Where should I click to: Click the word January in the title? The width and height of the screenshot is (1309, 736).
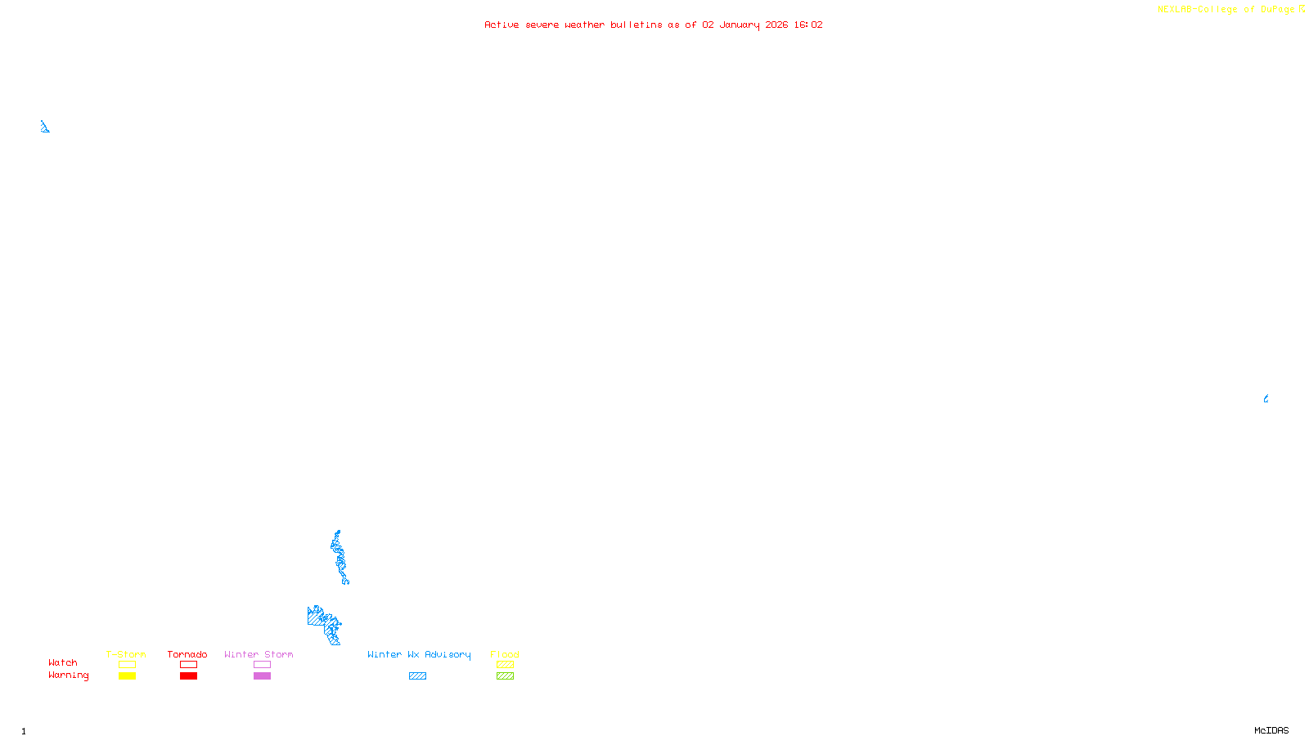(x=739, y=25)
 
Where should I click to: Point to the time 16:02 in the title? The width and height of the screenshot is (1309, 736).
(x=807, y=25)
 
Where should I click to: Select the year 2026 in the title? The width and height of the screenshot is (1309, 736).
(x=776, y=25)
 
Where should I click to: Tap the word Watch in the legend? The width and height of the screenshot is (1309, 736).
(x=62, y=662)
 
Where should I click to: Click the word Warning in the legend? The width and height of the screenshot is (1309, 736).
(x=68, y=675)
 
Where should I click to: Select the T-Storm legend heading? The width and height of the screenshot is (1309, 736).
(x=126, y=654)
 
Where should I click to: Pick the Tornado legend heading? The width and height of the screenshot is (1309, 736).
(x=187, y=654)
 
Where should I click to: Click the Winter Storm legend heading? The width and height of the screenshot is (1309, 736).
(x=259, y=654)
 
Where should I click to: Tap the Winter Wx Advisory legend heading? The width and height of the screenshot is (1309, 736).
(x=419, y=654)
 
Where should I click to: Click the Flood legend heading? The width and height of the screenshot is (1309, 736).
(x=505, y=654)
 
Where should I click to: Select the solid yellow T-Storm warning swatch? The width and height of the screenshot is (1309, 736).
(x=127, y=676)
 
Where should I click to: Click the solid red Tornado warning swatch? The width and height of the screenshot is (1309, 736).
(x=188, y=676)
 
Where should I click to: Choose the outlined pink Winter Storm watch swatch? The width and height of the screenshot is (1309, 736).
(x=262, y=665)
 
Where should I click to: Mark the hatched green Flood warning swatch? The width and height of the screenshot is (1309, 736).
(x=505, y=676)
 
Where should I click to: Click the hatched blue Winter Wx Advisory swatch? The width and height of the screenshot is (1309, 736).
(x=417, y=676)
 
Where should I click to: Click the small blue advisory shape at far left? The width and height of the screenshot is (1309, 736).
(x=44, y=127)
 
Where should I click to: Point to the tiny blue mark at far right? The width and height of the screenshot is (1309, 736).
(x=1266, y=399)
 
